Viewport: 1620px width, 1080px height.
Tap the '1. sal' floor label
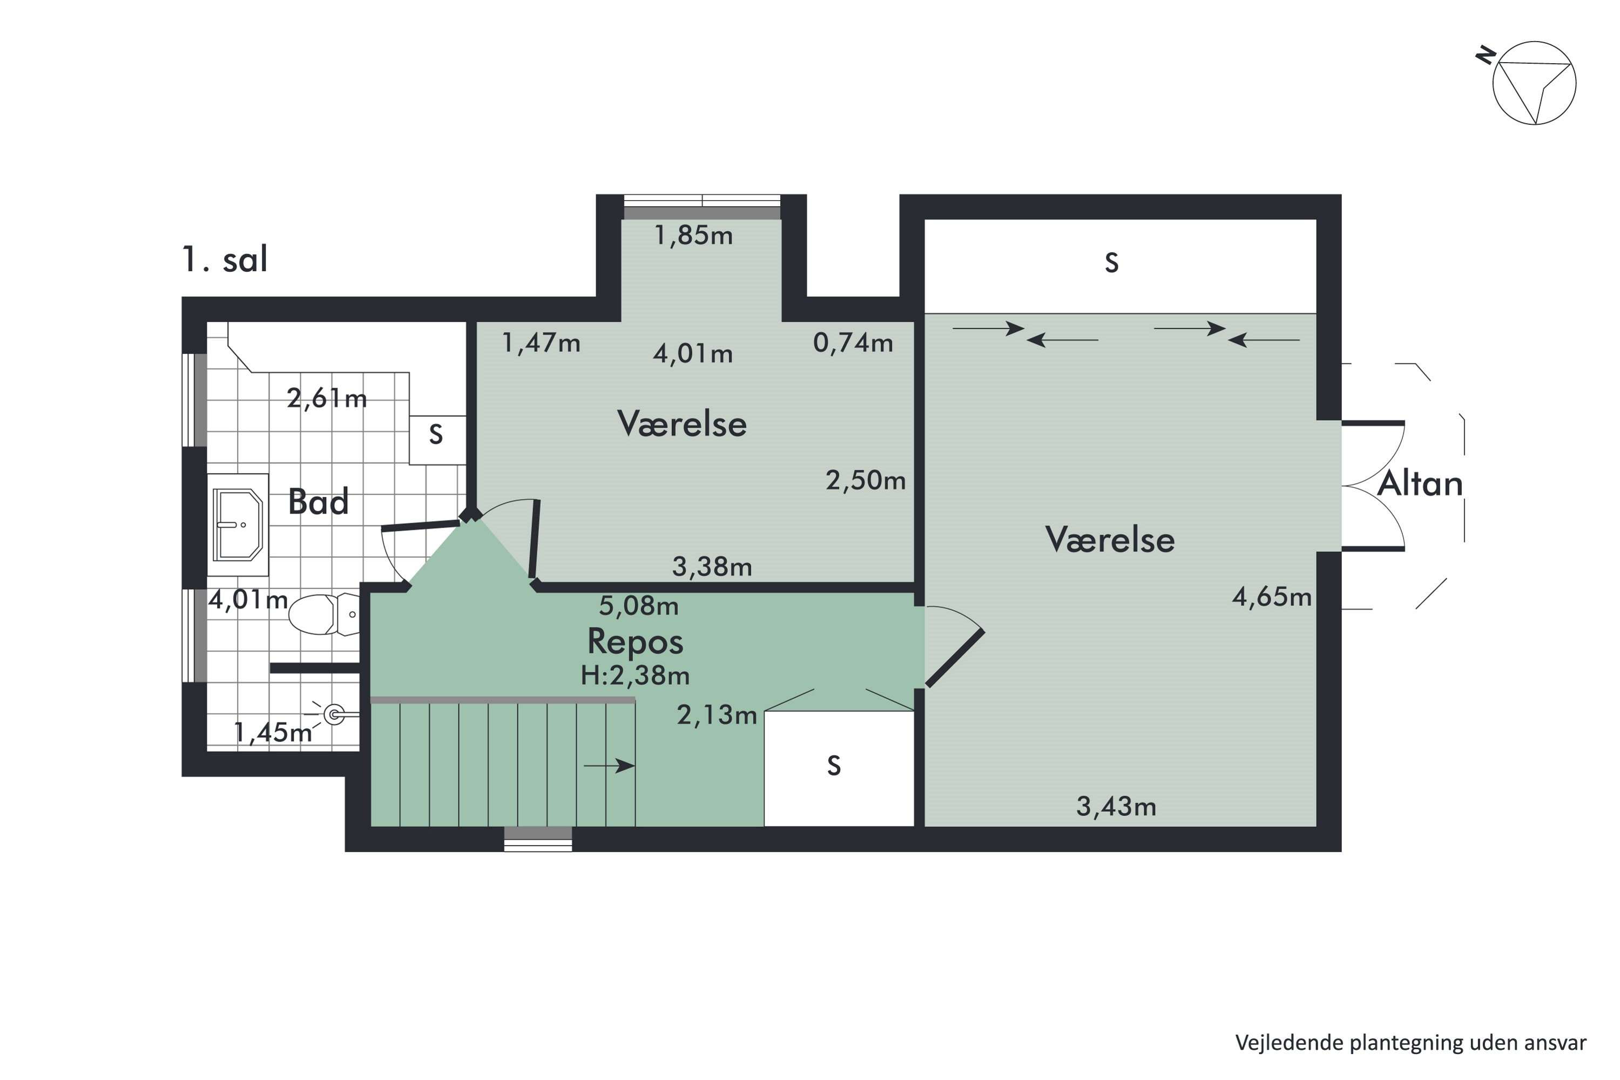(225, 260)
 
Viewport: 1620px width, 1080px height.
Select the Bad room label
(318, 502)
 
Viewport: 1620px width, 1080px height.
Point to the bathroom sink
(238, 525)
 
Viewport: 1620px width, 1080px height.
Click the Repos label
(635, 642)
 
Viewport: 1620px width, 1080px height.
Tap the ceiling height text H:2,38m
(635, 676)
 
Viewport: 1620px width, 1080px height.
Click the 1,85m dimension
(693, 235)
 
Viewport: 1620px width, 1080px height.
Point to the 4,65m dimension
(1272, 597)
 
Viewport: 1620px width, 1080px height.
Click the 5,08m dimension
(638, 605)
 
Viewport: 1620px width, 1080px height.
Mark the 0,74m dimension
(853, 342)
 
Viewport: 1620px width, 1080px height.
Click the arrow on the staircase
(610, 766)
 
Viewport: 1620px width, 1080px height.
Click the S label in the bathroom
(435, 435)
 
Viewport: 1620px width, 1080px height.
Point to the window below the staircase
(538, 839)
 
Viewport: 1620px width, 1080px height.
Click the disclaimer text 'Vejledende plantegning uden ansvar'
(1410, 1043)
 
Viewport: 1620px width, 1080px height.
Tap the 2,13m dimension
(717, 715)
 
